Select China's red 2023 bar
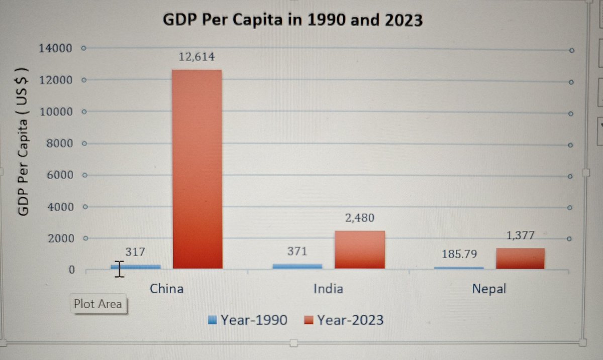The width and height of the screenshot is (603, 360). pos(197,171)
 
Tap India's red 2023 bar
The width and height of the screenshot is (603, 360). pos(359,250)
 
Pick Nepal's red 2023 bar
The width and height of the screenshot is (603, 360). pos(520,259)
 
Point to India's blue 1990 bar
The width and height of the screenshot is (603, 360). pos(297,266)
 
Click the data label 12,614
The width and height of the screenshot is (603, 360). pos(196,57)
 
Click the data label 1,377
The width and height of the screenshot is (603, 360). pos(520,235)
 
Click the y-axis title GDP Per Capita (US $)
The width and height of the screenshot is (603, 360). pos(24,142)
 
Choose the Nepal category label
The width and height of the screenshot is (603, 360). pos(488,289)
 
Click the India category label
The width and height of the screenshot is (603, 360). pos(328,289)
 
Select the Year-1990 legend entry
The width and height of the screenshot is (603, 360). pos(248,320)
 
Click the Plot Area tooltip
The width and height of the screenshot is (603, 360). pos(97,304)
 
